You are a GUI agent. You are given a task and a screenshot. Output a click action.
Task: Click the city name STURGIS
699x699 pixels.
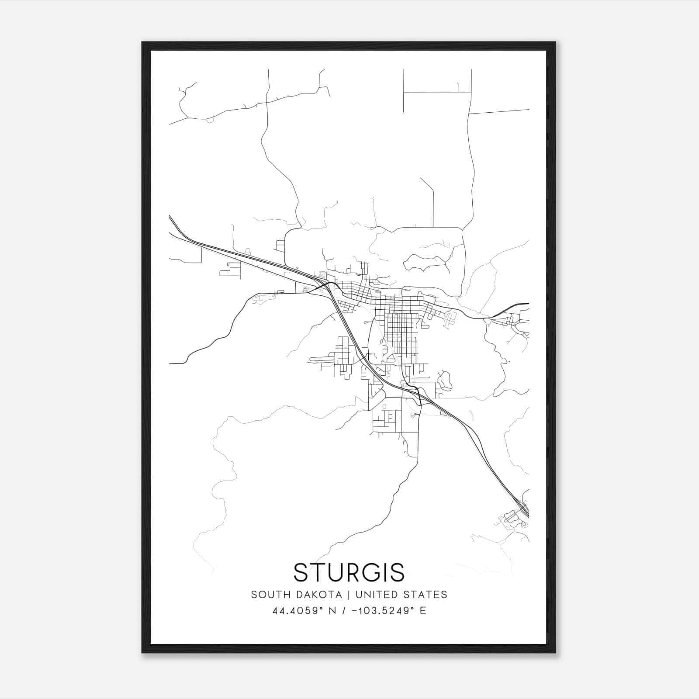pyautogui.click(x=349, y=572)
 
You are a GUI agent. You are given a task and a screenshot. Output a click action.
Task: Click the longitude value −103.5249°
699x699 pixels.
pyautogui.click(x=384, y=611)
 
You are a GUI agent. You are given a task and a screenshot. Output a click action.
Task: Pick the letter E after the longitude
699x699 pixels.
pyautogui.click(x=423, y=611)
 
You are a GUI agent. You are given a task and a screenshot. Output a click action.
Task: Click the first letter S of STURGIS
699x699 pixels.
pyautogui.click(x=302, y=572)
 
